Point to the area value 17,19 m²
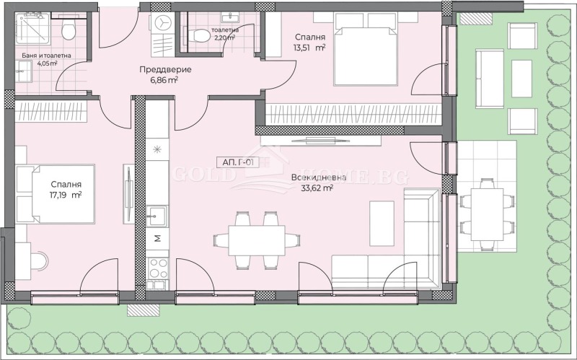coord(66,195)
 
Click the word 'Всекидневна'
coord(319,177)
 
